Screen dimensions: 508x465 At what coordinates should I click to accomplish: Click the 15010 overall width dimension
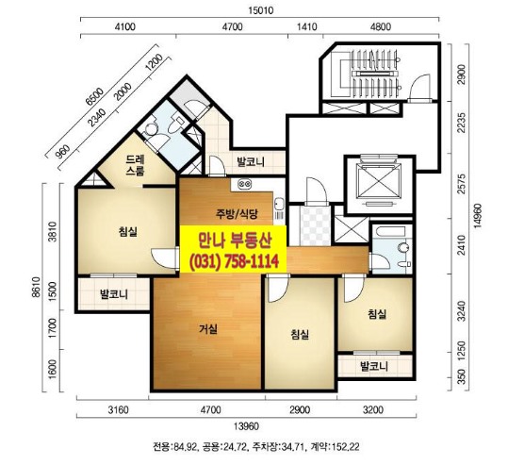(x=261, y=10)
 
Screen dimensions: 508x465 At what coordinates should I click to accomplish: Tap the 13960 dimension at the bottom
(x=247, y=426)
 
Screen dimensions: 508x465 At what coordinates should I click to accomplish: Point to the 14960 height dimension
(x=478, y=216)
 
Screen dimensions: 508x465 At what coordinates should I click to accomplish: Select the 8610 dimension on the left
(x=36, y=287)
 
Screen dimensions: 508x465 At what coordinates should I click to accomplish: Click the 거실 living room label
(x=208, y=329)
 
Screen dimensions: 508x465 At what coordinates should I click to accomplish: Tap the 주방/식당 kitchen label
(x=237, y=214)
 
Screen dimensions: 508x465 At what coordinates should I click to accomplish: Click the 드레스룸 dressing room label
(x=136, y=165)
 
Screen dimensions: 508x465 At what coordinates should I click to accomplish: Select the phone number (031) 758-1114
(x=235, y=261)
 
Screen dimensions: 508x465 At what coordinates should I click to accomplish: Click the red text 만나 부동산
(x=235, y=241)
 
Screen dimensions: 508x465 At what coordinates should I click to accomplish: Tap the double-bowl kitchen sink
(x=245, y=185)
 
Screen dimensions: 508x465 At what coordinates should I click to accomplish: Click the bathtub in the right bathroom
(x=388, y=232)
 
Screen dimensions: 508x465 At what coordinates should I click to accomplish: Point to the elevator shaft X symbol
(x=379, y=181)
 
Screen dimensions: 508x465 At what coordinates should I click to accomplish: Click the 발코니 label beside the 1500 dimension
(x=114, y=294)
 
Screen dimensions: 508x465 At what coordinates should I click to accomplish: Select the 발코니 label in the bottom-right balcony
(x=374, y=366)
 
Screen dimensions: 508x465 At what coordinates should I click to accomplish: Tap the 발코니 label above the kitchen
(x=251, y=161)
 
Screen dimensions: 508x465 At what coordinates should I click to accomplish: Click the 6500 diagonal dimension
(x=94, y=96)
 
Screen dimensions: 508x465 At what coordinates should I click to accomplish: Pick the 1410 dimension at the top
(x=306, y=26)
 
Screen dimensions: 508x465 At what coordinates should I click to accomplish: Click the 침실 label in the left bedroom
(x=128, y=231)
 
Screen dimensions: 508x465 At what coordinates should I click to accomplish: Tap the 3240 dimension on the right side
(x=462, y=311)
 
